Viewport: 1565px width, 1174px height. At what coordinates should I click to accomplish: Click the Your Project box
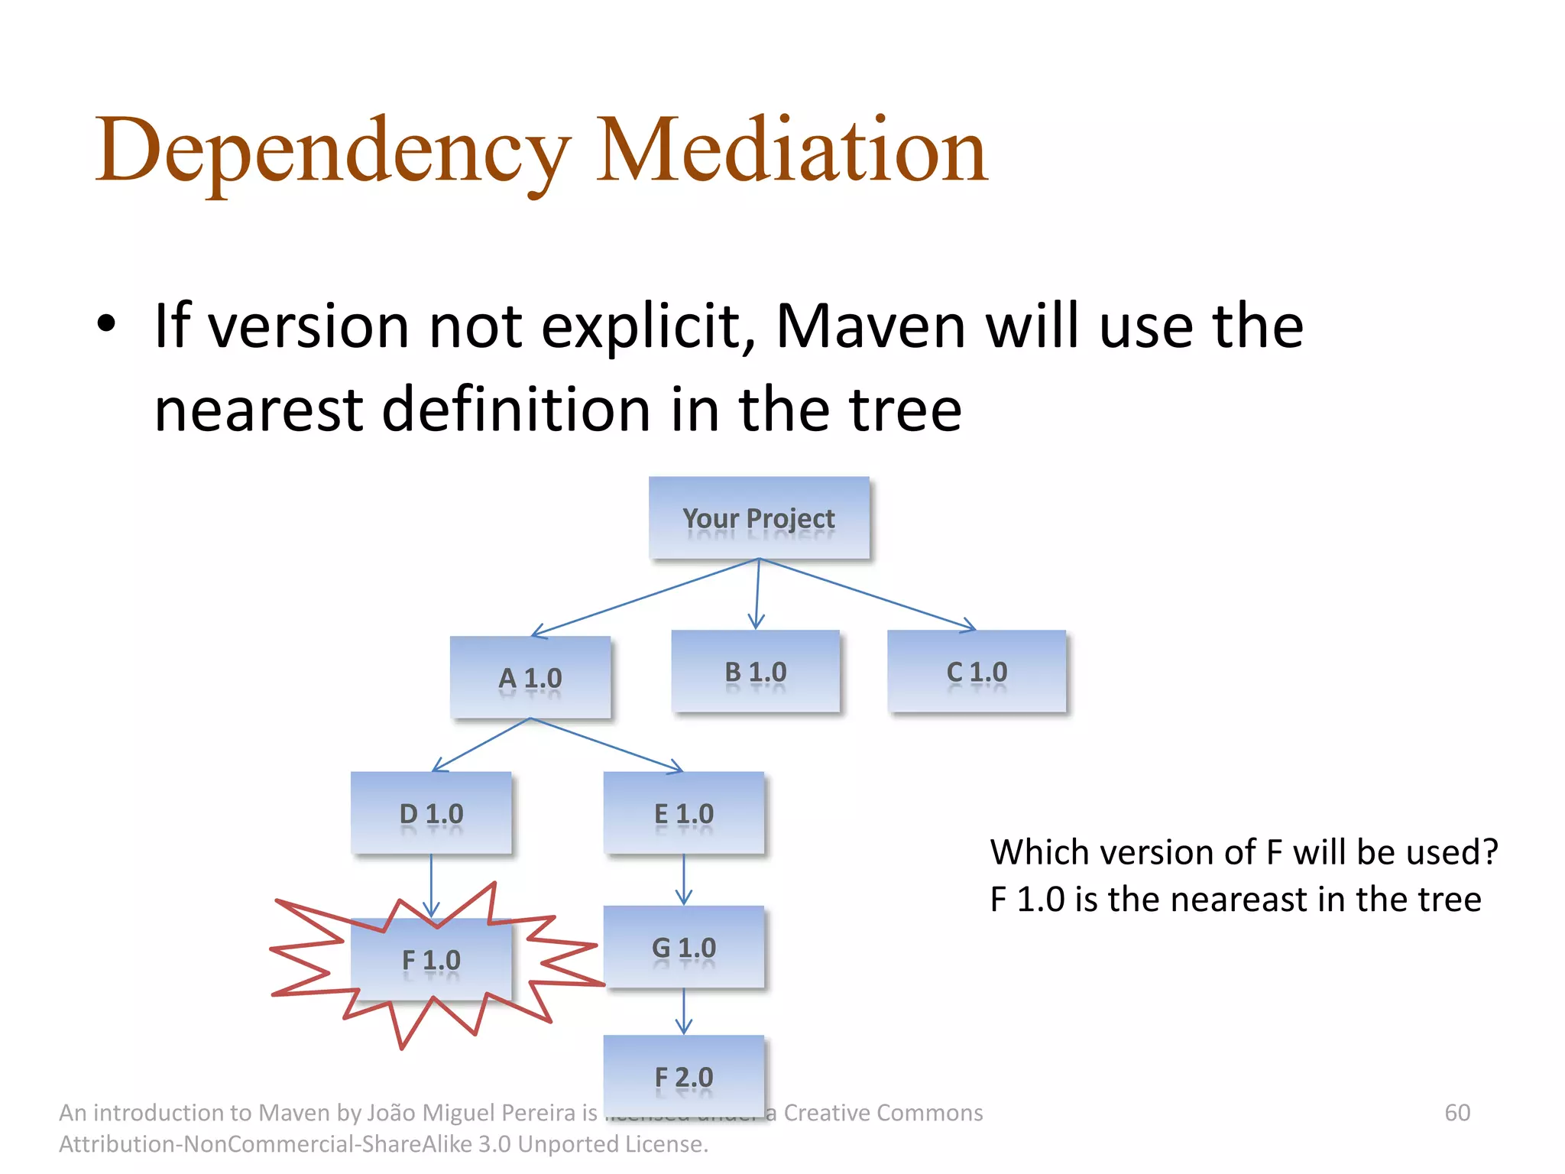click(x=759, y=517)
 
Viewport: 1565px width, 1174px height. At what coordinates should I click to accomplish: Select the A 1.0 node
click(x=530, y=677)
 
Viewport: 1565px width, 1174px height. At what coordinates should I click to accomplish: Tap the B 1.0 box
click(x=755, y=671)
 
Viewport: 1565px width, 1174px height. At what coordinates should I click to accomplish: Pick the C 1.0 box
click(x=977, y=671)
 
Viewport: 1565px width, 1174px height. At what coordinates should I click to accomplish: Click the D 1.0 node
click(x=431, y=812)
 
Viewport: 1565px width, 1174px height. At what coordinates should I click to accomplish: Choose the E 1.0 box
click(x=684, y=812)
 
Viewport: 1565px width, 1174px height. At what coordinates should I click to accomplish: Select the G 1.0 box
click(x=684, y=947)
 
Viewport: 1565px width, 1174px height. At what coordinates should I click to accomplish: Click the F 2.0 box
click(x=684, y=1076)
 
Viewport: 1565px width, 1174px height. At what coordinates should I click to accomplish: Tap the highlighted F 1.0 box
click(x=431, y=960)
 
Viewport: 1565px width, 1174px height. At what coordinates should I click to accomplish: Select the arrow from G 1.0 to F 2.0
click(x=684, y=1011)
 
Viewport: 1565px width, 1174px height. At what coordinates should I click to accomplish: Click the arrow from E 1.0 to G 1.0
click(x=684, y=879)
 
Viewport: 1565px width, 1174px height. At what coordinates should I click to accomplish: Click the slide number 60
click(x=1456, y=1113)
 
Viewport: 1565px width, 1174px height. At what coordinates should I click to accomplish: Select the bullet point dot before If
click(x=106, y=323)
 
